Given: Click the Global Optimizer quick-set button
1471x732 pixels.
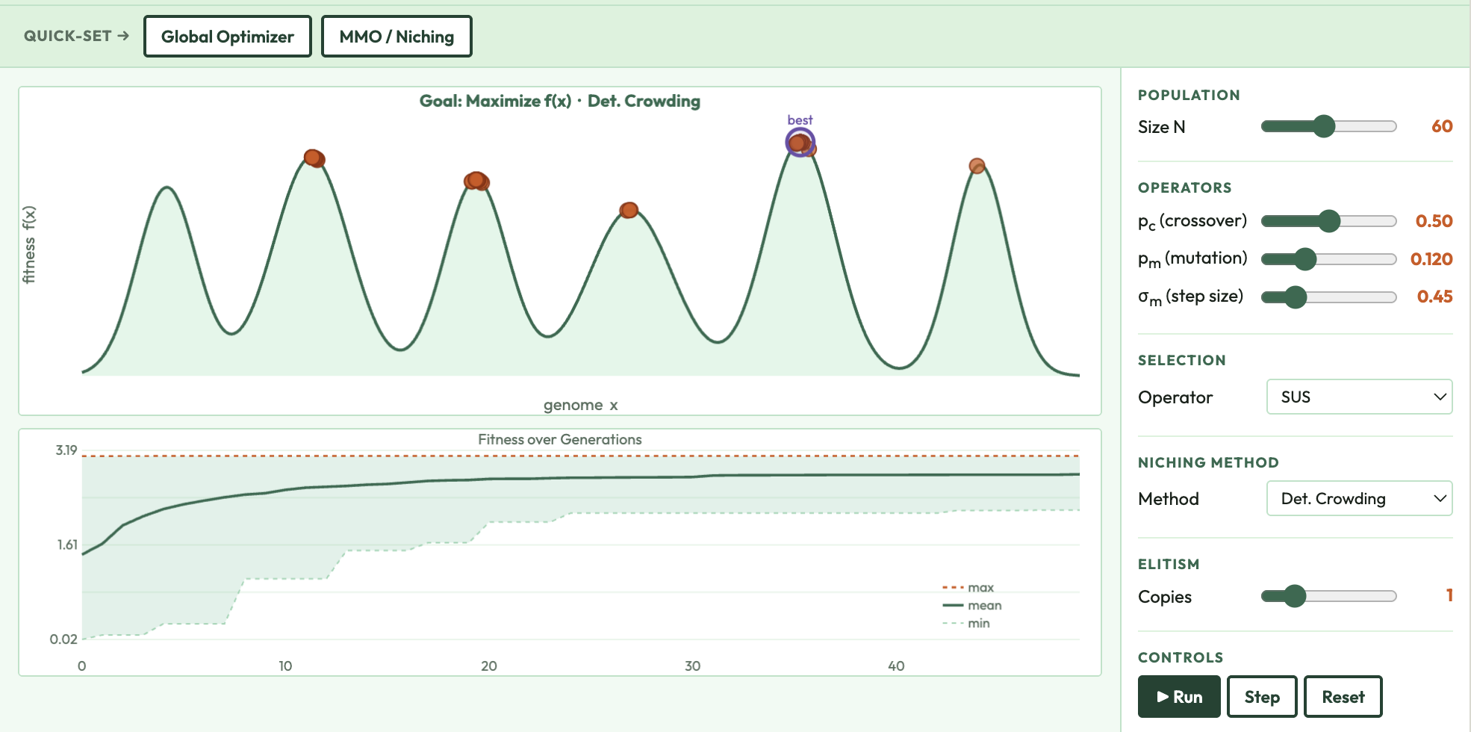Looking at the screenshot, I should click(227, 37).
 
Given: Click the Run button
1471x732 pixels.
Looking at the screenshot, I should click(1179, 697).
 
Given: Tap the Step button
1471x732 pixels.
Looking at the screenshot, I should click(1261, 697).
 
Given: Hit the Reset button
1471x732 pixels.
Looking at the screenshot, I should click(1343, 697).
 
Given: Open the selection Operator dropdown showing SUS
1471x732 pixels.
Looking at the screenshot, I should click(1359, 397).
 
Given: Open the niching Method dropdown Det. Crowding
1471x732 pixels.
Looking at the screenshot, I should click(1359, 498).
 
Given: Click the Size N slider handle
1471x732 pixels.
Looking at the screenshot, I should click(1324, 126).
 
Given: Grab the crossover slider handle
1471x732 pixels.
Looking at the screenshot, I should click(1329, 221).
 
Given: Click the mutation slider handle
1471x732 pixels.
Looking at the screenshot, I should click(1305, 259).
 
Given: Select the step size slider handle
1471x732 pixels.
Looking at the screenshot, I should click(1296, 297).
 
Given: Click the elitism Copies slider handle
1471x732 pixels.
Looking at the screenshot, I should click(1295, 596).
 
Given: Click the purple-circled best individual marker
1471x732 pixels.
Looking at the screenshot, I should click(800, 142).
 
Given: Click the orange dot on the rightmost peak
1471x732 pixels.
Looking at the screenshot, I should click(977, 166).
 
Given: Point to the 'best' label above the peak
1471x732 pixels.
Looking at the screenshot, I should click(800, 120).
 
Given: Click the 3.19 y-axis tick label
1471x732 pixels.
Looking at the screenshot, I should click(66, 450).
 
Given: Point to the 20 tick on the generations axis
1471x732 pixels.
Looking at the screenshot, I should click(489, 666).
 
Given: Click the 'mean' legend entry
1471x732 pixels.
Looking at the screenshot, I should click(984, 606).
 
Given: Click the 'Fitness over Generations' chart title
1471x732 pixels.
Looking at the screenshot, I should click(559, 440).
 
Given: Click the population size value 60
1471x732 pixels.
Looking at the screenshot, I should click(1441, 126).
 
